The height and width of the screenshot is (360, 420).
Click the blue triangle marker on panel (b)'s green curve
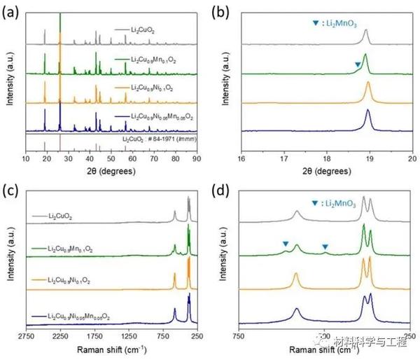point(358,65)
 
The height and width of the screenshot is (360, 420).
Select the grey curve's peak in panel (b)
point(365,31)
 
